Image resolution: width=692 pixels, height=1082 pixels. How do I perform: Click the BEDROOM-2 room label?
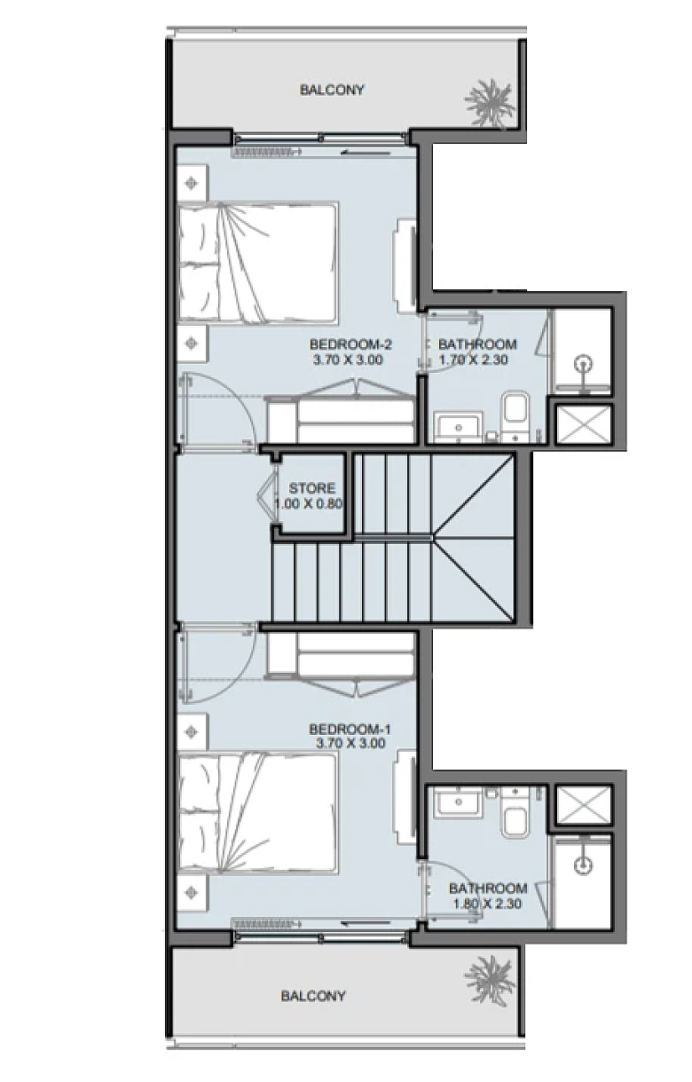click(x=350, y=345)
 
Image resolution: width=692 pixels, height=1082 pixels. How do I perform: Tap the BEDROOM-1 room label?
click(x=350, y=729)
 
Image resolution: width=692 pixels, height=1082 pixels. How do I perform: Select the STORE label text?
click(x=311, y=488)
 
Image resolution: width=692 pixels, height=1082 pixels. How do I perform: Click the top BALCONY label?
click(x=332, y=90)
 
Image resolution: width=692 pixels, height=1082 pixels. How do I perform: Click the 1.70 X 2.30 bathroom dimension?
click(x=473, y=359)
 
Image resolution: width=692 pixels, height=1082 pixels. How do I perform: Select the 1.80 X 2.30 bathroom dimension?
click(x=488, y=904)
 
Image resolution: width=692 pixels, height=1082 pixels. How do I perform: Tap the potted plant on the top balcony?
click(x=490, y=103)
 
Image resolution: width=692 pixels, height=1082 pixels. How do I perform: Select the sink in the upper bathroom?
click(x=459, y=427)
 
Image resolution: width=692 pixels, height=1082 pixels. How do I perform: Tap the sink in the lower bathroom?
click(x=459, y=802)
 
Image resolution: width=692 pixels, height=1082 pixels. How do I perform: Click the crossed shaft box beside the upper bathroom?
click(x=584, y=423)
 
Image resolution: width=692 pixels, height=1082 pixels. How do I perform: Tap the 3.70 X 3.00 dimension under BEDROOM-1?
click(x=350, y=743)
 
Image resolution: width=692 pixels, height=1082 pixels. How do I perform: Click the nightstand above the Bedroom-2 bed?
click(x=193, y=183)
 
